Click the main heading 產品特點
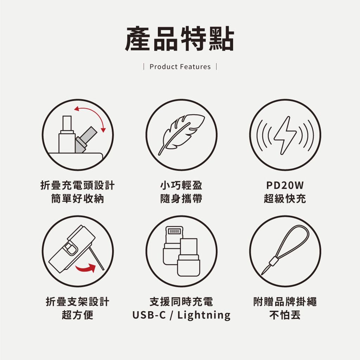[x=180, y=39]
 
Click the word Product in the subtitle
[x=164, y=66]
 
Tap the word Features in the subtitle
[x=195, y=66]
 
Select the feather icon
[x=181, y=134]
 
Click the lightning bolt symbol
[x=285, y=135]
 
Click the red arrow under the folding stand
[x=85, y=268]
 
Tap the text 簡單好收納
[x=78, y=199]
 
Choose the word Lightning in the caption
[x=204, y=315]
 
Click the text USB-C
[x=149, y=315]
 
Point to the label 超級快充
[x=285, y=199]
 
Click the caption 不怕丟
[x=285, y=315]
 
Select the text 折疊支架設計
[x=78, y=301]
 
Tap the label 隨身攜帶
[x=181, y=199]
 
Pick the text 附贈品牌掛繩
[x=285, y=301]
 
